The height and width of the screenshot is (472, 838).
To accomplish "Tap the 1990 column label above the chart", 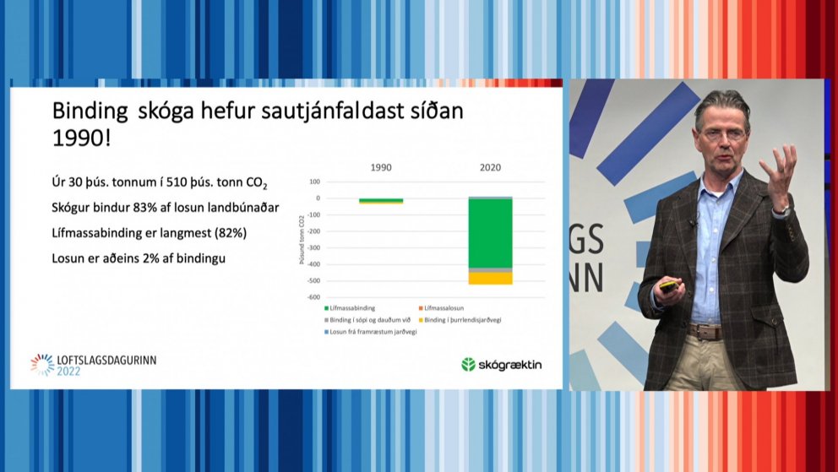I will (x=381, y=167).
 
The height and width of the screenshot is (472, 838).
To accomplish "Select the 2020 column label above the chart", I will (x=490, y=167).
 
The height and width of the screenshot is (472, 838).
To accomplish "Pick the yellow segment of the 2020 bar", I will (x=490, y=278).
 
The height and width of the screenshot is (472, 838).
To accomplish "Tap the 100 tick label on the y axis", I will (x=314, y=182).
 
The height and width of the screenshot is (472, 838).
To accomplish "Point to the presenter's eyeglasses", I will (x=722, y=133).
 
